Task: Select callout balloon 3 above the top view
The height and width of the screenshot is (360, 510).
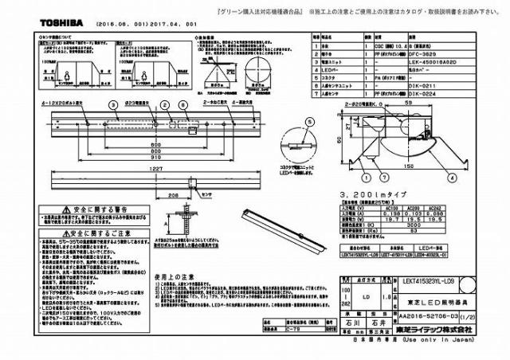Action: (112, 104)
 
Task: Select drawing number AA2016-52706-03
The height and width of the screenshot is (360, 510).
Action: (425, 315)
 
